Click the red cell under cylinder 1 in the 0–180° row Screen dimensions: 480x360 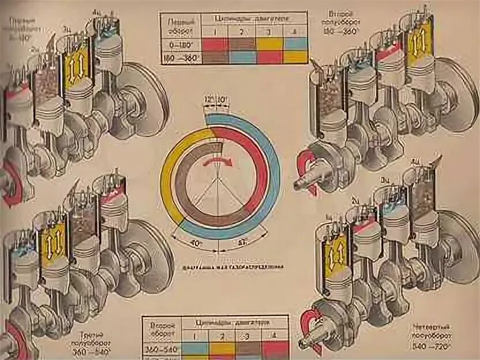[215, 44]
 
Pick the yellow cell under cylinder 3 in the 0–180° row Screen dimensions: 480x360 [268, 44]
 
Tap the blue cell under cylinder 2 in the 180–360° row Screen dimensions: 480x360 [242, 57]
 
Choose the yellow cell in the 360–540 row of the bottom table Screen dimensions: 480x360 [221, 348]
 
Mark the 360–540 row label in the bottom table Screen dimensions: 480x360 [162, 348]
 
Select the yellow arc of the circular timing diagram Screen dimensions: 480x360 [168, 173]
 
